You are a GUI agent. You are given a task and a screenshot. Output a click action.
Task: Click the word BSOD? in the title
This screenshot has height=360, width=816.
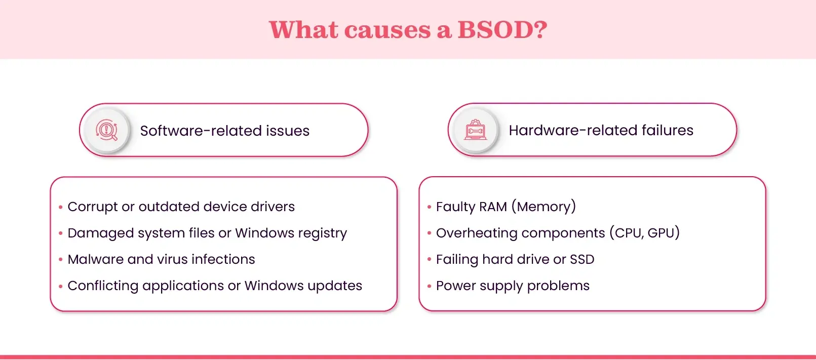tap(502, 29)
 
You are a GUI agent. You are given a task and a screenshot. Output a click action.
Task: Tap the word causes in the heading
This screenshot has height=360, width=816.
tap(387, 30)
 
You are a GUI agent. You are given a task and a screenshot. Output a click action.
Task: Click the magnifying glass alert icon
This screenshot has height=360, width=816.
tap(106, 130)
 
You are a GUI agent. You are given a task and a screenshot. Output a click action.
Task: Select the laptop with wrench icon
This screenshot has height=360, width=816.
tap(475, 130)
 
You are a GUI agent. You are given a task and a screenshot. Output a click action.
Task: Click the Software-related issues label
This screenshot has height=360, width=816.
tap(225, 131)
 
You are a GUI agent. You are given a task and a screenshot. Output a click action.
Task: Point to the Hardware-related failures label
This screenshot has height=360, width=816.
tap(601, 130)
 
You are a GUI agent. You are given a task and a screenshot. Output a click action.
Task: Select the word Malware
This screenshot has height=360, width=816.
tap(95, 259)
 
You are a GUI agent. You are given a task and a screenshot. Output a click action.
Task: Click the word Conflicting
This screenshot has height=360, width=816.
tap(103, 286)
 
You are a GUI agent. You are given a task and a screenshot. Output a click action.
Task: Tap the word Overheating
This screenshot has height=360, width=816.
tap(477, 233)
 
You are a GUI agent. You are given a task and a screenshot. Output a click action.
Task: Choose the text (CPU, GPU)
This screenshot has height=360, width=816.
tap(644, 232)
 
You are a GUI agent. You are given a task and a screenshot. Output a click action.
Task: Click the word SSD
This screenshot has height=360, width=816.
tap(582, 260)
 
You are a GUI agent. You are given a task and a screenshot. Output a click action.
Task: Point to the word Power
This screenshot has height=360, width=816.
tap(456, 286)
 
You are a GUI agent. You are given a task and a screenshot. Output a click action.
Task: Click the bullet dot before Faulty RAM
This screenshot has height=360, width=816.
tap(429, 207)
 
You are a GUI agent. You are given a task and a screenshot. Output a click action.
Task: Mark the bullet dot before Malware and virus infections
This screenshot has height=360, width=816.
tap(60, 260)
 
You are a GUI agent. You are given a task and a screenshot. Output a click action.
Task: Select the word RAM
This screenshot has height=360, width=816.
tap(493, 207)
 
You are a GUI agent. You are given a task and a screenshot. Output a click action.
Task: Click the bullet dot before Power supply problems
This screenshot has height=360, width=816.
tap(429, 286)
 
